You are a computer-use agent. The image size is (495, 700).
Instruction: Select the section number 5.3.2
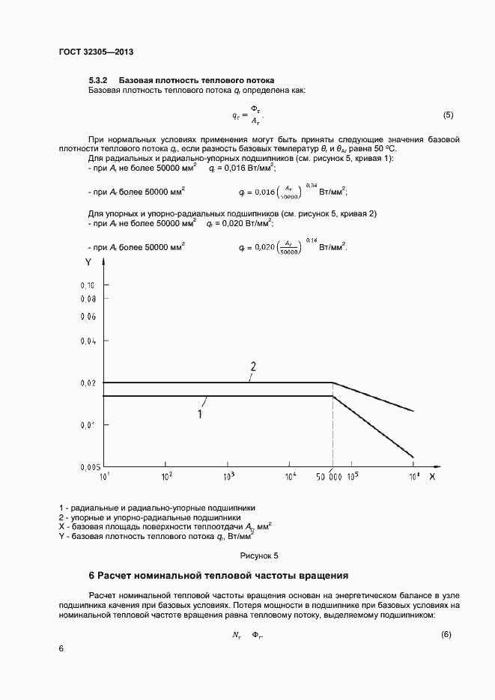click(99, 80)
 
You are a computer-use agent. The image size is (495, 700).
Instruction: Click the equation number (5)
click(448, 115)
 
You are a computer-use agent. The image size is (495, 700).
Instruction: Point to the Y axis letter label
click(88, 262)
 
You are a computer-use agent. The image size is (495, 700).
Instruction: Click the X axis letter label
click(432, 476)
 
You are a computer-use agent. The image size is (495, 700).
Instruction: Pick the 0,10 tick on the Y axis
click(87, 286)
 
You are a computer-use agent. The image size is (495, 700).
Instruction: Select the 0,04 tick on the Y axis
click(87, 341)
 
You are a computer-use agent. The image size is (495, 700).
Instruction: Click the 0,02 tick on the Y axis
click(87, 383)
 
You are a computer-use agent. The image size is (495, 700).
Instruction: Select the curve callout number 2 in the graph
click(253, 367)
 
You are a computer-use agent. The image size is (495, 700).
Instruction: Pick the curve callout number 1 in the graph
click(200, 413)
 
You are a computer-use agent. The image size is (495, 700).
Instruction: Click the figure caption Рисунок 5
click(258, 556)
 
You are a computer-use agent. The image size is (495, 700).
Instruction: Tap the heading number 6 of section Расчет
click(92, 576)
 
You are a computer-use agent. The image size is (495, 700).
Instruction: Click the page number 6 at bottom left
click(61, 648)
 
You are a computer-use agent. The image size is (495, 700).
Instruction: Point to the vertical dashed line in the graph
click(332, 434)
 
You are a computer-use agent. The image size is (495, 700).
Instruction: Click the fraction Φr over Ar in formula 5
click(255, 115)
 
